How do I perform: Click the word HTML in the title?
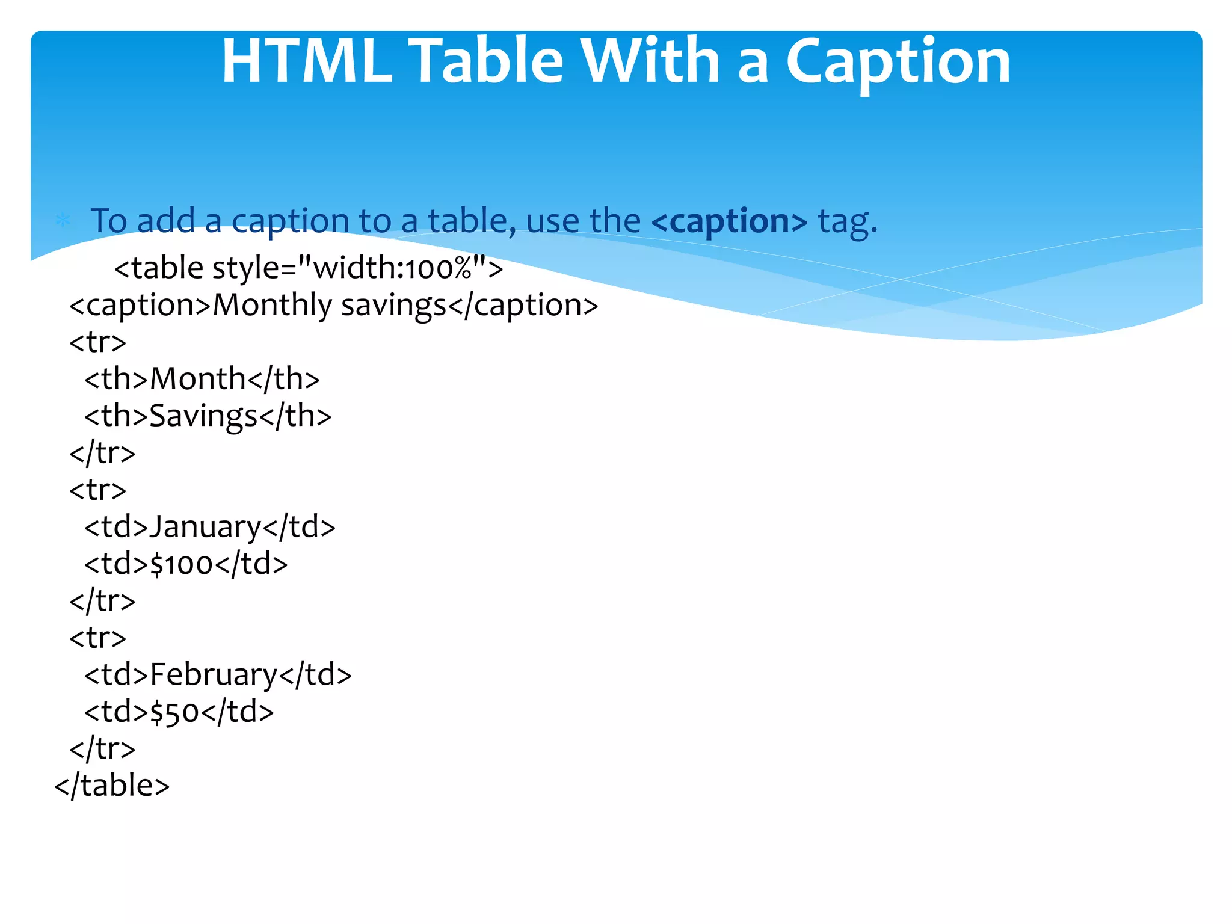tap(307, 61)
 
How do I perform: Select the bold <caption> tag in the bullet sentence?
tap(729, 221)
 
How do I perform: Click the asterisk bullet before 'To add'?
tap(63, 221)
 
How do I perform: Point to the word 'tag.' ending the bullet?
tap(848, 221)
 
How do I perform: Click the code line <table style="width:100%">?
tap(309, 268)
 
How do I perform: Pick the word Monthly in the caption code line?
tap(272, 305)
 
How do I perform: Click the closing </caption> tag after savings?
tap(523, 306)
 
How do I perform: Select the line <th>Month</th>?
tap(202, 379)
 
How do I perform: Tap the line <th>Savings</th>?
tap(208, 416)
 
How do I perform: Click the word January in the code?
tap(205, 528)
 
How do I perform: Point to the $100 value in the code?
tap(182, 564)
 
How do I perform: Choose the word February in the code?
tap(214, 675)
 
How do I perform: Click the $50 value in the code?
tap(174, 712)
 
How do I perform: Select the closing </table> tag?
tap(112, 786)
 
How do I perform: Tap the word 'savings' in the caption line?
tap(393, 306)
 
